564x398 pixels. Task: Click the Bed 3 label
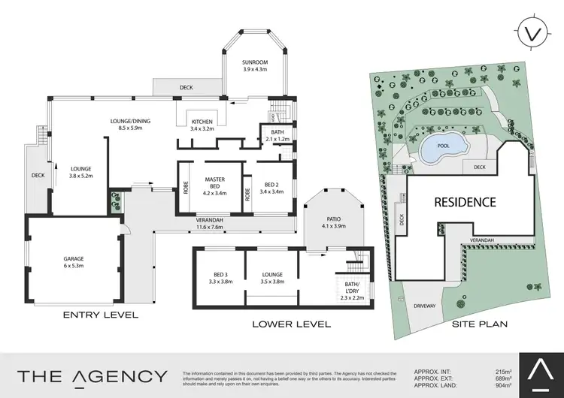click(220, 279)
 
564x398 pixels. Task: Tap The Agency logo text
click(92, 376)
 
